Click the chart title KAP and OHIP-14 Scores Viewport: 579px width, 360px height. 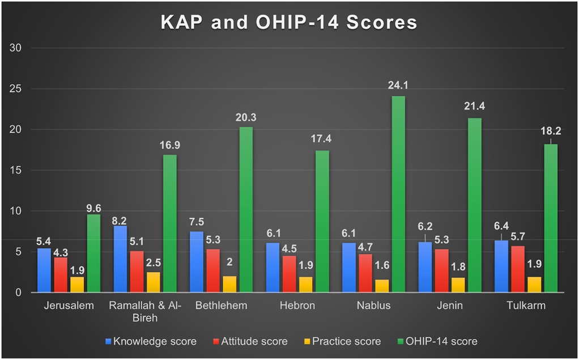[289, 22]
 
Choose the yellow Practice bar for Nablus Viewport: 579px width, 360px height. [382, 286]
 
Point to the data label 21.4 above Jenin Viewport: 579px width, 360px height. [475, 107]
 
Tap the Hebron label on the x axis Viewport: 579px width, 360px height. [297, 306]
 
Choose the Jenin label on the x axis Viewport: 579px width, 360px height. [450, 306]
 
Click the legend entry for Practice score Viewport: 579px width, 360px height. [345, 341]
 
